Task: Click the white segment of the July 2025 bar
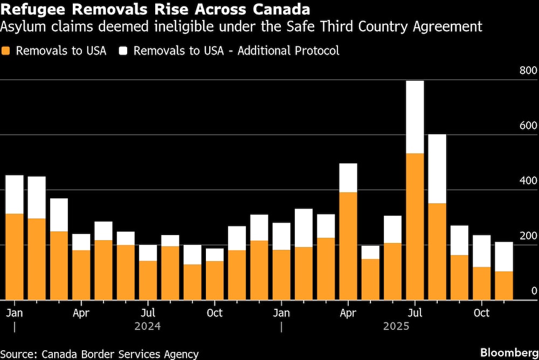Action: click(x=414, y=117)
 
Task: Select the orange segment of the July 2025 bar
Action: click(x=414, y=226)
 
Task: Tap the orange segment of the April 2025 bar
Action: click(x=348, y=246)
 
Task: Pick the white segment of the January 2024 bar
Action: click(x=14, y=194)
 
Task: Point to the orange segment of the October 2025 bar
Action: click(x=481, y=283)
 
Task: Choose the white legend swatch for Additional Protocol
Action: click(x=123, y=51)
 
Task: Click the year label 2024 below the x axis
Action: click(x=148, y=327)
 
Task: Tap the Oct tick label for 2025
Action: click(x=481, y=313)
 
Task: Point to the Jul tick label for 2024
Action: click(x=148, y=313)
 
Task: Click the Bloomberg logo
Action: click(x=509, y=352)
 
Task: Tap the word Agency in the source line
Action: click(x=180, y=354)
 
